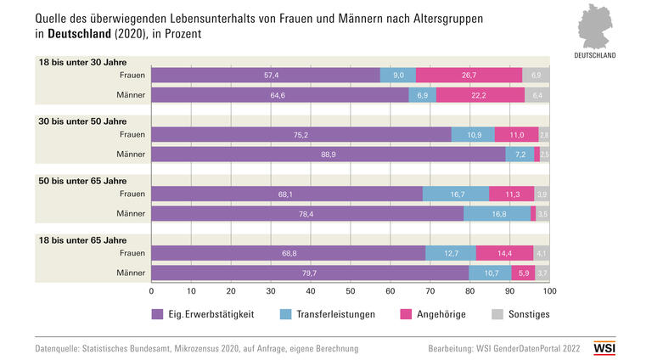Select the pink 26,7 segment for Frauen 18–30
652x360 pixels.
(469, 76)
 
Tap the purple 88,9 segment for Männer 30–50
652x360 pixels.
(328, 154)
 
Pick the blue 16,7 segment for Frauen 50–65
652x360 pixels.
(456, 194)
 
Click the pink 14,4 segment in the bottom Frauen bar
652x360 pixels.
(504, 253)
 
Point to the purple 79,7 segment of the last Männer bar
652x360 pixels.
(310, 273)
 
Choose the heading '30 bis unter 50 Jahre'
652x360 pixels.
(82, 121)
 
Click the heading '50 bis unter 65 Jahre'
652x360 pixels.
(82, 180)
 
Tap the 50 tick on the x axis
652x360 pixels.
(351, 290)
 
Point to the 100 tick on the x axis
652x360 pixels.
(549, 290)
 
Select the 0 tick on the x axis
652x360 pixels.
(151, 290)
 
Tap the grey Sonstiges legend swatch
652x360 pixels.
(498, 314)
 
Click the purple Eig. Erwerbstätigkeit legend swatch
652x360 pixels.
(157, 314)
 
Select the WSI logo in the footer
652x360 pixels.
(604, 348)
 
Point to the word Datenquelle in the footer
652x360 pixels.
(62, 348)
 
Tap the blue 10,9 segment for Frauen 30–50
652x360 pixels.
(474, 134)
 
